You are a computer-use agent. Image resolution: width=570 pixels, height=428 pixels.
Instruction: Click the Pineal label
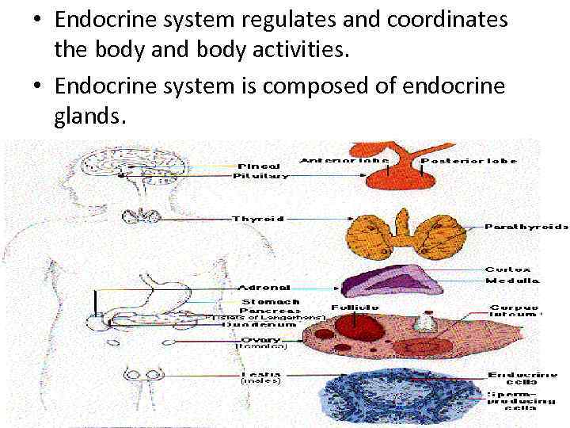pyautogui.click(x=258, y=166)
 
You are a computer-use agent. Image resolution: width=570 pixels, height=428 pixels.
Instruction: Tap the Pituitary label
pyautogui.click(x=260, y=176)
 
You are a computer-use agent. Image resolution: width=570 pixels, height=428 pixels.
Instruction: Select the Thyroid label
pyautogui.click(x=258, y=218)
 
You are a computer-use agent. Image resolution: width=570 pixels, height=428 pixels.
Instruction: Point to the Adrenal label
pyautogui.click(x=264, y=288)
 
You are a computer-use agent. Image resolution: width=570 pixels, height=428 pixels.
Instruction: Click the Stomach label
pyautogui.click(x=269, y=301)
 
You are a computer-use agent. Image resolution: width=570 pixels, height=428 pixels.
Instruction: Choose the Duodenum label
pyautogui.click(x=248, y=324)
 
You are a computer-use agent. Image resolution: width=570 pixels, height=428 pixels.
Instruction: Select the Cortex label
pyautogui.click(x=507, y=270)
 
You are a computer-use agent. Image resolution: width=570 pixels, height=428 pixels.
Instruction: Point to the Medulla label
pyautogui.click(x=511, y=281)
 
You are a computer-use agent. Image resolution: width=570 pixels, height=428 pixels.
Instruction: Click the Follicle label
pyautogui.click(x=354, y=307)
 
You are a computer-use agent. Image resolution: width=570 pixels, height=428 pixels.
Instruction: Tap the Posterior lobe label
pyautogui.click(x=469, y=161)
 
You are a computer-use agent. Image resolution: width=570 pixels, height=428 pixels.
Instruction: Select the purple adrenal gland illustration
pyautogui.click(x=384, y=282)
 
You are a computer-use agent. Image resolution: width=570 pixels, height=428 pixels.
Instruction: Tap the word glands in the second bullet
pyautogui.click(x=89, y=117)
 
